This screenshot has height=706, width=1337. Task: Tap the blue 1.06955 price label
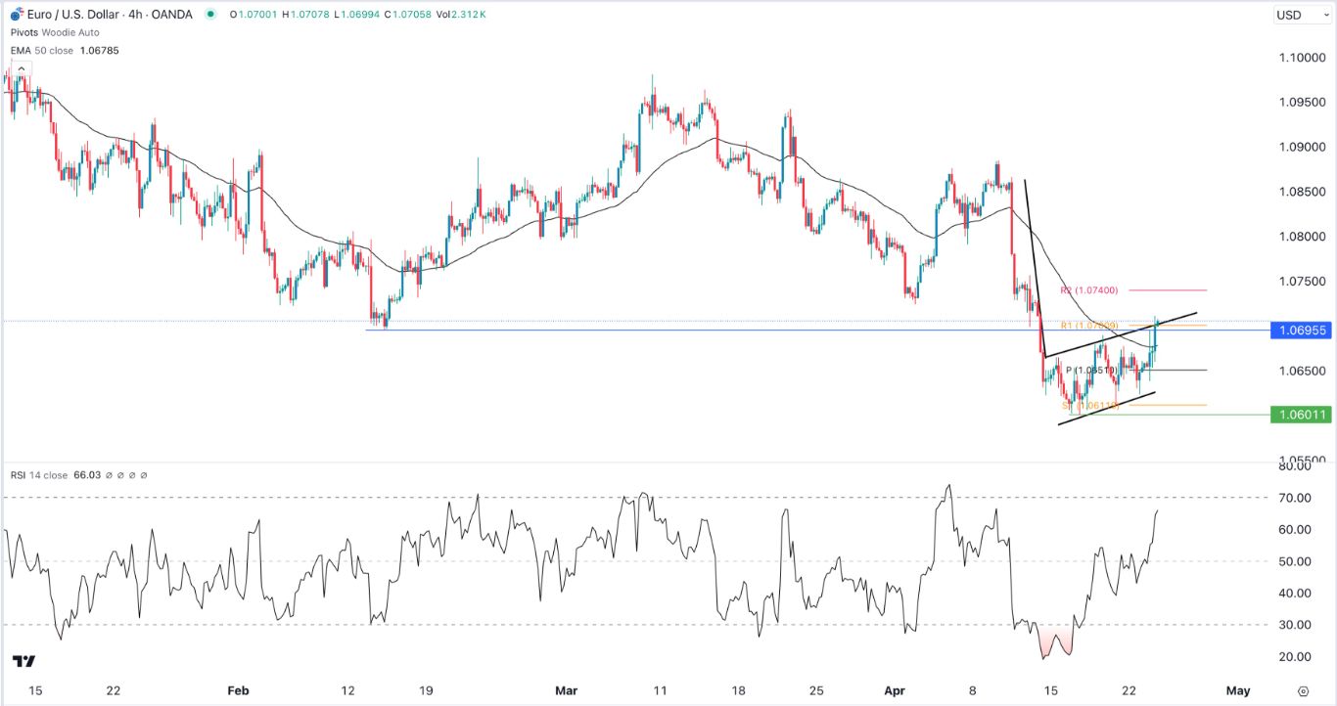click(x=1300, y=331)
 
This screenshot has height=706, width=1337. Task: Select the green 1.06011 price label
click(x=1300, y=415)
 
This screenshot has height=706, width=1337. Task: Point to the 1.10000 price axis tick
click(x=1300, y=58)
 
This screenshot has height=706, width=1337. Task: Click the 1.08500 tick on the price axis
click(x=1300, y=192)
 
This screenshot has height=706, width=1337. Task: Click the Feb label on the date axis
click(x=239, y=690)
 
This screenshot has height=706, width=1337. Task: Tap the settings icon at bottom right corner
click(x=1302, y=690)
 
